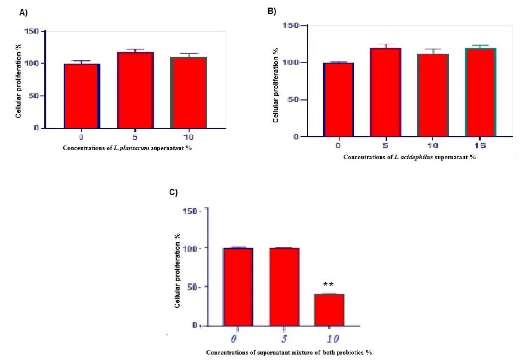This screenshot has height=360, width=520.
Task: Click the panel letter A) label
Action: (x=23, y=13)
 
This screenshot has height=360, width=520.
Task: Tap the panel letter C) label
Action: (x=174, y=193)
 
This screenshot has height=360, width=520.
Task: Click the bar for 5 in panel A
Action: (x=135, y=90)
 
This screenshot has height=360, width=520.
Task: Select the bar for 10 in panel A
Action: (x=189, y=92)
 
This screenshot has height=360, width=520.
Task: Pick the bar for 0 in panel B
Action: (x=338, y=99)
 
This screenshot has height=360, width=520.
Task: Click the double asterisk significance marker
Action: (x=328, y=285)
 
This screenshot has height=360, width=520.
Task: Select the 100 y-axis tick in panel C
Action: (x=191, y=248)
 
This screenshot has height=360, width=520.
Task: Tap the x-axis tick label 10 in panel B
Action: (x=432, y=146)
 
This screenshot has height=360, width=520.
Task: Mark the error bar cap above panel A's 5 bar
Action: (x=135, y=49)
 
